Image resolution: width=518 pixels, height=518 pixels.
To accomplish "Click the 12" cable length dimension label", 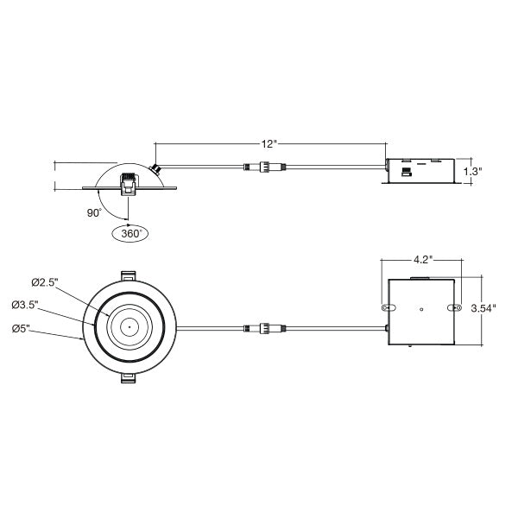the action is click(268, 144).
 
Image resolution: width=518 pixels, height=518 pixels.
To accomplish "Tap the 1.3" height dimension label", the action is click(472, 172).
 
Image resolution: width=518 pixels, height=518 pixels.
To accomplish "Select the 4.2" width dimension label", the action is click(423, 259).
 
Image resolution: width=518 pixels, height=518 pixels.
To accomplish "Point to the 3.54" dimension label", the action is click(483, 308).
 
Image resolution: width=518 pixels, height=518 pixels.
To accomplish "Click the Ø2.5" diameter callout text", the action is click(45, 282).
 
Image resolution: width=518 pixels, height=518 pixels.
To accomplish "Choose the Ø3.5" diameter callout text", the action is click(25, 305).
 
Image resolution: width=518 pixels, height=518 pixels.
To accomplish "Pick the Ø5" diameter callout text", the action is click(21, 329).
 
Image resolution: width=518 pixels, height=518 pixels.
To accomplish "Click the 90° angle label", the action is click(94, 213).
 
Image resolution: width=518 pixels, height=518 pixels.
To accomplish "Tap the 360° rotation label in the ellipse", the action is click(131, 234).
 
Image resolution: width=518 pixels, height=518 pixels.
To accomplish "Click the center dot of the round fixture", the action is click(129, 327).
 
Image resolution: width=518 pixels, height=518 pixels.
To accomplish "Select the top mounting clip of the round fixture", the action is click(129, 276).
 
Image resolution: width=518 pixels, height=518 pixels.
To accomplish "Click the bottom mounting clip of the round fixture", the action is click(129, 378).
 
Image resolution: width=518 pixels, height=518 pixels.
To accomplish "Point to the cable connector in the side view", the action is click(265, 167).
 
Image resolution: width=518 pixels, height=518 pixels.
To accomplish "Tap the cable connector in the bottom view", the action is click(265, 328).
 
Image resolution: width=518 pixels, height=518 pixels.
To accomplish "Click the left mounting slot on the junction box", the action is click(388, 308).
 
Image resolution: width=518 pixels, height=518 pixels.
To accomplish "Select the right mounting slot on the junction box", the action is click(455, 308).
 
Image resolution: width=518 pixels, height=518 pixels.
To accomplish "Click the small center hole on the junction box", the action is click(421, 309).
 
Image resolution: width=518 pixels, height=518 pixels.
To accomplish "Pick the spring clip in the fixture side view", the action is click(129, 184).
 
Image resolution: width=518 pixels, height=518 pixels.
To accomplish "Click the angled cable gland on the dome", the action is click(155, 169).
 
